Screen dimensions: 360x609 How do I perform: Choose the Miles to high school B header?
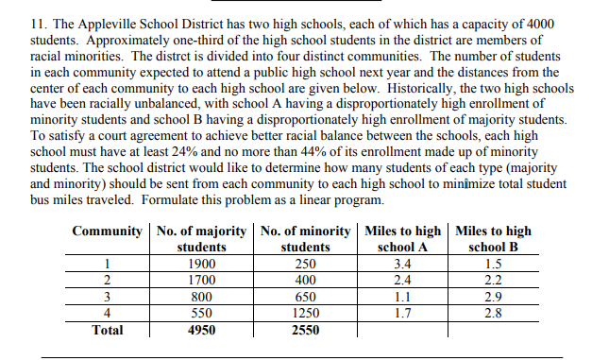pyautogui.click(x=493, y=238)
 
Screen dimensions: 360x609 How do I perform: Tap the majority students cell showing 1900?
pyautogui.click(x=201, y=264)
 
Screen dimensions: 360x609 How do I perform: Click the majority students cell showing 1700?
pyautogui.click(x=201, y=280)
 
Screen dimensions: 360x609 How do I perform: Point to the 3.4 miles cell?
pyautogui.click(x=403, y=264)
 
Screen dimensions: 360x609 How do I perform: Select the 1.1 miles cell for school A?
pyautogui.click(x=403, y=296)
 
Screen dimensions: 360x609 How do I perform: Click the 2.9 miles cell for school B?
pyautogui.click(x=492, y=296)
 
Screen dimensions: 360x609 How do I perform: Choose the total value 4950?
pyautogui.click(x=201, y=330)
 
